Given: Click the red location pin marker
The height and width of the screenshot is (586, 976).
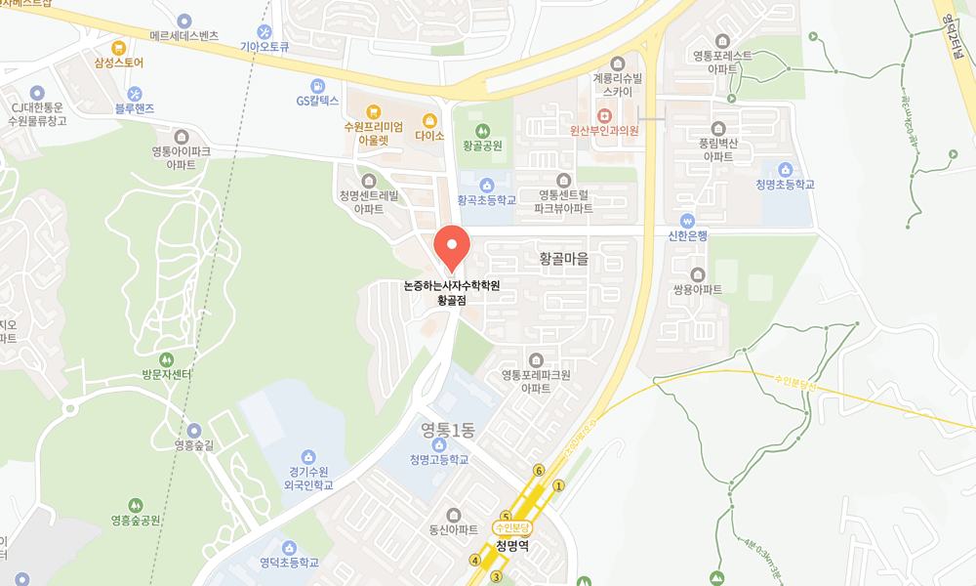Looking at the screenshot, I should point(451,247).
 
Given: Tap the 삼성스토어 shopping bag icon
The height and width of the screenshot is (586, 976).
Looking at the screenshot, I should point(119,47).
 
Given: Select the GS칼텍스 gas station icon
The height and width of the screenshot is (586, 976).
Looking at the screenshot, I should point(317,85).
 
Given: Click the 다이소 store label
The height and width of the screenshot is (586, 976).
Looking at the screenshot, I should point(429,135).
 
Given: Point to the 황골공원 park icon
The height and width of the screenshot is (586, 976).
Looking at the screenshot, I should point(482,130).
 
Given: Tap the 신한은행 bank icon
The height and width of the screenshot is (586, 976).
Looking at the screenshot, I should point(687,220).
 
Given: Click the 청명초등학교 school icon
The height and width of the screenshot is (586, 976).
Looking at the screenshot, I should point(785,170).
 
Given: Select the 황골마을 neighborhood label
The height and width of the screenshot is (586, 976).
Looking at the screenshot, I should point(564,259).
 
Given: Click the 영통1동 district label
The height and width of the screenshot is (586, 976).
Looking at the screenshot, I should point(447,428).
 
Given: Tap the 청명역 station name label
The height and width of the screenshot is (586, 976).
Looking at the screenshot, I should point(511,546).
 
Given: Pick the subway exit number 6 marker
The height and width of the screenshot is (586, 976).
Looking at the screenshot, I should point(539,471).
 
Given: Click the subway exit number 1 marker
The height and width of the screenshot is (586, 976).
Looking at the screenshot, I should point(559,485).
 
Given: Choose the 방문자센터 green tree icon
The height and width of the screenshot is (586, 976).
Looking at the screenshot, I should point(166,359).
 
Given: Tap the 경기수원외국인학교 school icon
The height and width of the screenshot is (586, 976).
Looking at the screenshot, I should point(308,456).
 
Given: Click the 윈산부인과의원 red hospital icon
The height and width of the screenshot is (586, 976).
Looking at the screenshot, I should point(604,115).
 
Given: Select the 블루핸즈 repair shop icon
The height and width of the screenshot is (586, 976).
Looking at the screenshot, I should point(135,93).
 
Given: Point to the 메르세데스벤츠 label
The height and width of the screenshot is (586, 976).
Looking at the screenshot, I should point(184,35).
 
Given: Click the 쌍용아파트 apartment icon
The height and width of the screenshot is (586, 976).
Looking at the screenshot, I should point(697,274).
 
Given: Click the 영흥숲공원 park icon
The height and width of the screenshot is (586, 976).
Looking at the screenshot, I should point(135,505).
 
